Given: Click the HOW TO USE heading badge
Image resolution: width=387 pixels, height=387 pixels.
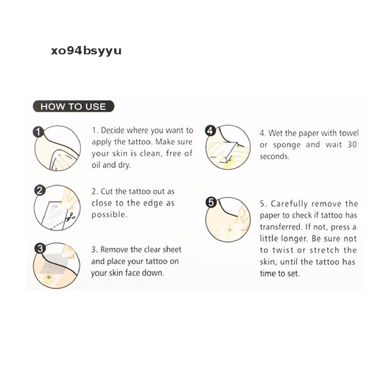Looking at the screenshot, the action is (74, 106).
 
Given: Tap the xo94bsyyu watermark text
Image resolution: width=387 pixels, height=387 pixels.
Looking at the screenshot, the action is (86, 51).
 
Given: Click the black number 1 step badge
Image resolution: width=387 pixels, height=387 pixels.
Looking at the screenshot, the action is (38, 132).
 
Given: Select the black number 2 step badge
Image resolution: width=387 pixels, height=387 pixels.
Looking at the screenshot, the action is (40, 190).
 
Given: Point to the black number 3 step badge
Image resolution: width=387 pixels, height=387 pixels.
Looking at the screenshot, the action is (40, 248).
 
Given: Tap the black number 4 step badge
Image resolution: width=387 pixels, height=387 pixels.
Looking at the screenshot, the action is (210, 130).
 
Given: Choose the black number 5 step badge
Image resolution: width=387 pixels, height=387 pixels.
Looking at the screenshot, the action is (211, 203).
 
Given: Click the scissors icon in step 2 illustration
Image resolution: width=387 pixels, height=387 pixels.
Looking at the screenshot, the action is (71, 217).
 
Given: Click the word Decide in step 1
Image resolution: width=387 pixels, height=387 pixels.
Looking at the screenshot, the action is (112, 130).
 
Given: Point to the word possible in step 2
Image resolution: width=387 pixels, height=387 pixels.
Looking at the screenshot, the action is (109, 215).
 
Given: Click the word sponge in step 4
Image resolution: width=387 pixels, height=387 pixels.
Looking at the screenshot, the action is (286, 145).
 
